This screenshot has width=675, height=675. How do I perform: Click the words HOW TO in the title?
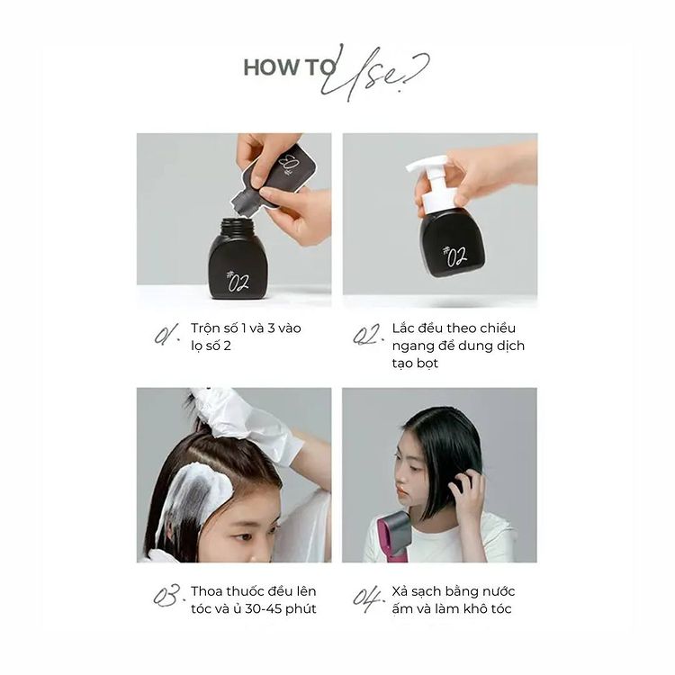[x=289, y=67]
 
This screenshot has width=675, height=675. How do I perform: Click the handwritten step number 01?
[x=166, y=335]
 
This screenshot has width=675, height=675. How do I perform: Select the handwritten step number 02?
[x=368, y=335]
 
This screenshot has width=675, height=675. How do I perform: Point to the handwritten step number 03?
[x=166, y=596]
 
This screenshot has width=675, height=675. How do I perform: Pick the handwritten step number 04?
[x=368, y=598]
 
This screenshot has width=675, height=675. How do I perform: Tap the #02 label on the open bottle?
[x=238, y=281]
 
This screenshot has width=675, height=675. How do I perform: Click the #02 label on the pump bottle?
[x=455, y=256]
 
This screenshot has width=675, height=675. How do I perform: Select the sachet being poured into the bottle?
[x=275, y=179]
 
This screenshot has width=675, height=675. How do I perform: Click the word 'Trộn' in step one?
[x=209, y=328]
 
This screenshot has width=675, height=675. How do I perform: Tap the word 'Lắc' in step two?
[x=405, y=328]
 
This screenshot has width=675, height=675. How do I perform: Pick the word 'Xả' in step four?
[x=400, y=591]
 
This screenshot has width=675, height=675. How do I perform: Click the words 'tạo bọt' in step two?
[x=415, y=364]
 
